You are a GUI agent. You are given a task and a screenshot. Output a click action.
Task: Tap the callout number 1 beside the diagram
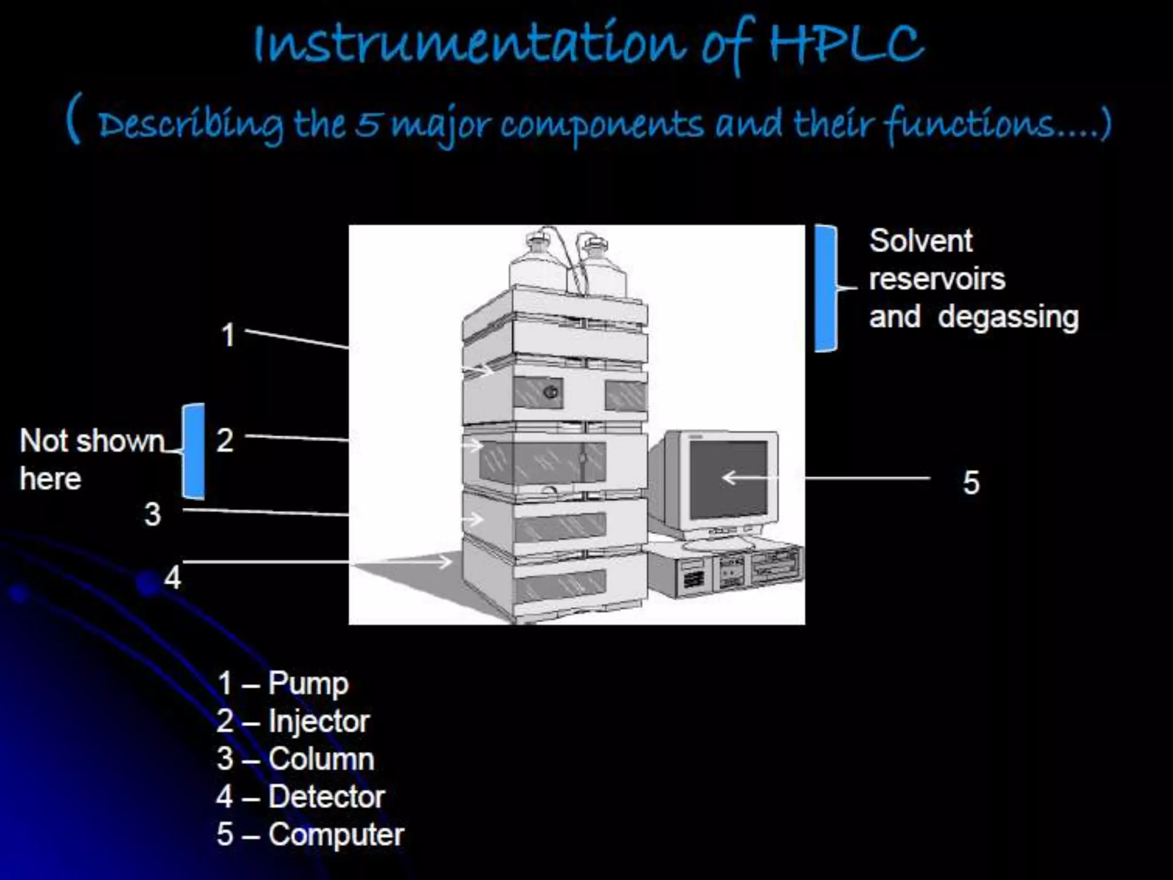click(x=228, y=335)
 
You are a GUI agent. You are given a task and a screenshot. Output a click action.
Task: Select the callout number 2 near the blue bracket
click(x=225, y=441)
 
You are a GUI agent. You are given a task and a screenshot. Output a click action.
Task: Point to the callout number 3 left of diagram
click(x=152, y=514)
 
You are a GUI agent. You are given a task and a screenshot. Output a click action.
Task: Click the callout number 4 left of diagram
click(x=172, y=577)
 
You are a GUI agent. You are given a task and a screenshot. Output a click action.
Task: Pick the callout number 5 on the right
click(x=971, y=482)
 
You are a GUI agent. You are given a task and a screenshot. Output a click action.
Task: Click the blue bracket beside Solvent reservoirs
click(x=825, y=288)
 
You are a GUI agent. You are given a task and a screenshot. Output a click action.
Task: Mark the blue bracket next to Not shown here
click(x=194, y=451)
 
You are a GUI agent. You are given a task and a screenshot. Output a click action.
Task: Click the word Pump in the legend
click(x=308, y=683)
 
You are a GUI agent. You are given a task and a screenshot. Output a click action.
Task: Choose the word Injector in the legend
click(x=319, y=721)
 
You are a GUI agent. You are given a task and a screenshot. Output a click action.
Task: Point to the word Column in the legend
click(x=321, y=759)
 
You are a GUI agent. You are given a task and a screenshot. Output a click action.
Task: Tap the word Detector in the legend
click(x=326, y=796)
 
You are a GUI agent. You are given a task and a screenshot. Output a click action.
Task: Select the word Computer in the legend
click(x=336, y=834)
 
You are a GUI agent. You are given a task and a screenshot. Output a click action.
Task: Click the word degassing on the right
click(x=1008, y=317)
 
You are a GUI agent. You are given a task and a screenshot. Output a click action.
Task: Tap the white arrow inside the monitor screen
click(x=745, y=477)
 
